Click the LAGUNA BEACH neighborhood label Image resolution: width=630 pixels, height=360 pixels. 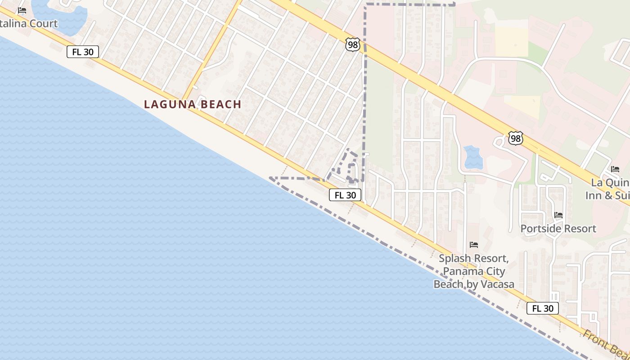click(193, 104)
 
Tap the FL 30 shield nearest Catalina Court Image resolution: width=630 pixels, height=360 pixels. click(83, 52)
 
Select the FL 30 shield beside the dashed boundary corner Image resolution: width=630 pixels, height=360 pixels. click(345, 195)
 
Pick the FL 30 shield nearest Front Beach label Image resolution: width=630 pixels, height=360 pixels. click(543, 308)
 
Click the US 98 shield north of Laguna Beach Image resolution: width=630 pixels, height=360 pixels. click(353, 44)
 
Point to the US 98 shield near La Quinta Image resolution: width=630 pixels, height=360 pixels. click(515, 138)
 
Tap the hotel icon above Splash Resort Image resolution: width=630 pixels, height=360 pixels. click(474, 245)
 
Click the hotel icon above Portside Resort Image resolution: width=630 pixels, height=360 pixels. click(558, 215)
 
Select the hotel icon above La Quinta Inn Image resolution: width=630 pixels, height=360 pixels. click(615, 169)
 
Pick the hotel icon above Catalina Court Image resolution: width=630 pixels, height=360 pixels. click(22, 10)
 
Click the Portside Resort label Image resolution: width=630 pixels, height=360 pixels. click(558, 229)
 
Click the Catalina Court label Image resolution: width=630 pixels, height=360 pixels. click(29, 23)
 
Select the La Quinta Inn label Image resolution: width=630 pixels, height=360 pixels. click(610, 189)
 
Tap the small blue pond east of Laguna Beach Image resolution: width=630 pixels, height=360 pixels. click(472, 157)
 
